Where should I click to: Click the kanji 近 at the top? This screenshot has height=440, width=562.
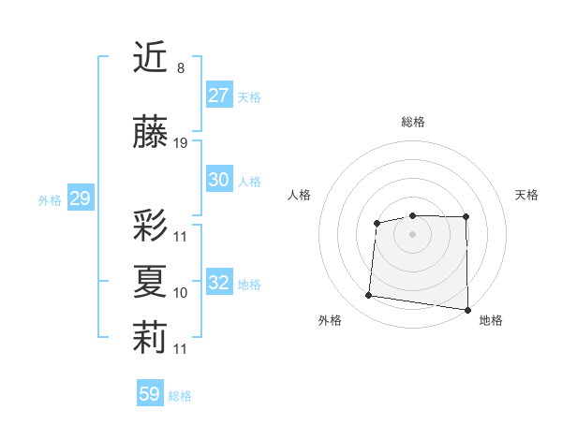(150, 58)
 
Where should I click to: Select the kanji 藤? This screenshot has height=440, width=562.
(150, 133)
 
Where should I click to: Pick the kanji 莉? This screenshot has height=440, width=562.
(150, 338)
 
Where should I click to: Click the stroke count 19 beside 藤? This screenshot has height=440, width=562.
(181, 143)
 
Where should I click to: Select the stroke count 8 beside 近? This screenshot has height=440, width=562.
(180, 68)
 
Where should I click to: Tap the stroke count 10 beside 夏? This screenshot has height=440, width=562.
(181, 293)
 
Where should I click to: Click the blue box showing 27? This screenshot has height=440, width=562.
(219, 95)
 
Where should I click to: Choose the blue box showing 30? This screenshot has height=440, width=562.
(219, 180)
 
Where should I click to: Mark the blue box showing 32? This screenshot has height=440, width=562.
(219, 283)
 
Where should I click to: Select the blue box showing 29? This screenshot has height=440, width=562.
(80, 198)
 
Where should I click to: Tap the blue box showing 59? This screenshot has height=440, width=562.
(149, 394)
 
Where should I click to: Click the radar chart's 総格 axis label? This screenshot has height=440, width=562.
(413, 122)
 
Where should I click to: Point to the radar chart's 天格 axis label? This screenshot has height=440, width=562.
(526, 195)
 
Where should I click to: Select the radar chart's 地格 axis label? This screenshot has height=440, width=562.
(491, 320)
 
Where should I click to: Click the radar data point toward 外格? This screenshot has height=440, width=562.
(369, 296)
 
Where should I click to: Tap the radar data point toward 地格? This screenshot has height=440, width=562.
(468, 310)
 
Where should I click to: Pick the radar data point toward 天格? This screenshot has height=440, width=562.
(466, 217)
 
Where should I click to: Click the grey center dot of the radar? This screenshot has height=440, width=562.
(413, 234)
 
